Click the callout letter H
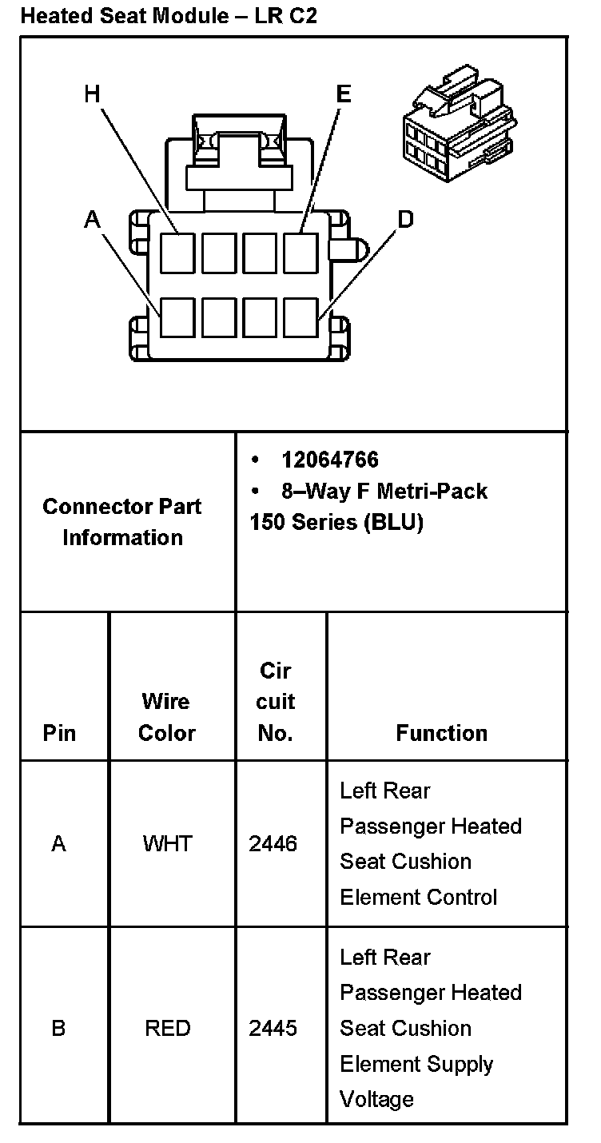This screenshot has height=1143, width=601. point(93,95)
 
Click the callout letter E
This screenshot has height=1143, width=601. point(343,95)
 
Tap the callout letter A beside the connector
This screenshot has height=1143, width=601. point(93,219)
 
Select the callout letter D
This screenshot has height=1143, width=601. point(405,219)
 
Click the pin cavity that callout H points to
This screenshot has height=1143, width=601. point(177,253)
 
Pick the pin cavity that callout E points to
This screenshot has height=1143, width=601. point(300,253)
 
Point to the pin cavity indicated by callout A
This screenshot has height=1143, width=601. point(177,317)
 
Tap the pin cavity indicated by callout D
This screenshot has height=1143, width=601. point(300,317)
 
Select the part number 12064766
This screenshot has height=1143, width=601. point(329,460)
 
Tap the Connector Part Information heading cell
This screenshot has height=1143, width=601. point(122,522)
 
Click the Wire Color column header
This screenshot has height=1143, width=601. point(166,717)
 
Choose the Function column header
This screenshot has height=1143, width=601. point(441,733)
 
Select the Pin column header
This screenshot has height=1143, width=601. point(59,733)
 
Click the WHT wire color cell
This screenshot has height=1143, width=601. point(167,843)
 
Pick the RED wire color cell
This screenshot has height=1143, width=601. point(167,1028)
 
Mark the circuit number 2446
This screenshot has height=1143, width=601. point(273,843)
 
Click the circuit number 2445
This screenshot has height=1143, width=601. point(273,1028)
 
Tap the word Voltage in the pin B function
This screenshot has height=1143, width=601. point(376,1099)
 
